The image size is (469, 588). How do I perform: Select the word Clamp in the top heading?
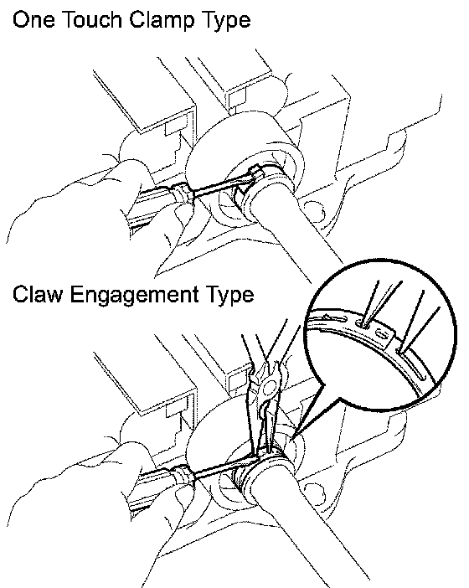pyautogui.click(x=162, y=21)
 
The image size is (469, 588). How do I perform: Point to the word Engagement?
pyautogui.click(x=135, y=297)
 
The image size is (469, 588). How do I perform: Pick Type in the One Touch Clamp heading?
pyautogui.click(x=226, y=22)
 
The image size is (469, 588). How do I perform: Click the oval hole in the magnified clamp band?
pyautogui.click(x=382, y=333)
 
